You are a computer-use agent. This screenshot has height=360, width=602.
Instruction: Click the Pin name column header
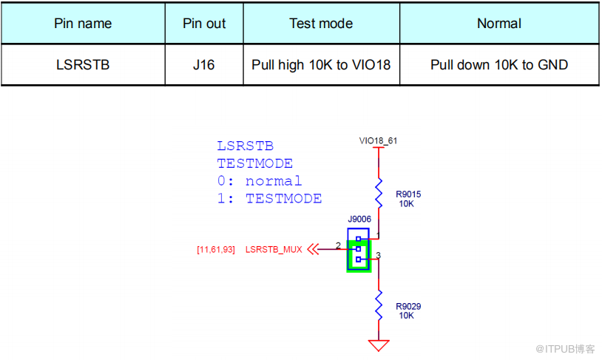[x=83, y=24]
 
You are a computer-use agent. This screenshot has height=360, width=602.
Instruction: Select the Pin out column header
[x=204, y=24]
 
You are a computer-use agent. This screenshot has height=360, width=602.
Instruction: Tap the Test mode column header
[x=321, y=24]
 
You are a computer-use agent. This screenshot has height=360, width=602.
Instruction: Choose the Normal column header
[x=499, y=24]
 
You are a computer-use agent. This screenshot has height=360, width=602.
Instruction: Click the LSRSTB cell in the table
[x=83, y=65]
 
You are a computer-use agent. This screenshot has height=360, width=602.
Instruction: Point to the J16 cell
[x=204, y=65]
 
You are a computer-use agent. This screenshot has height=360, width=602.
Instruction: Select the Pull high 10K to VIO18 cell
[x=321, y=65]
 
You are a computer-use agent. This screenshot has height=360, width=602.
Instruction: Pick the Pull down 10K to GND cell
[x=499, y=65]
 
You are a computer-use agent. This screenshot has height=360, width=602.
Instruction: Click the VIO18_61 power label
[x=378, y=140]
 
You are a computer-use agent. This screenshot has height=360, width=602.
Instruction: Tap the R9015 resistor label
[x=407, y=194]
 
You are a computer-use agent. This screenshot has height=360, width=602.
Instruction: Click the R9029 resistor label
[x=408, y=306]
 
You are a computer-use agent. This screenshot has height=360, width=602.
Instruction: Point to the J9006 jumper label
[x=359, y=220]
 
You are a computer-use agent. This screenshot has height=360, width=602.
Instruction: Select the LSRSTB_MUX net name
[x=274, y=250]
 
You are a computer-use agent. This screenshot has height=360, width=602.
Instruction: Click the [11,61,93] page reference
[x=216, y=250]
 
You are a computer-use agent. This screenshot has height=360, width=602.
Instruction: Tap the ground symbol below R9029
[x=379, y=344]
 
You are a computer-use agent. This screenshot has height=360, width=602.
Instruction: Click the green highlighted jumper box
[x=359, y=254]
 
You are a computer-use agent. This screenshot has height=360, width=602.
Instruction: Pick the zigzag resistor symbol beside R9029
[x=379, y=305]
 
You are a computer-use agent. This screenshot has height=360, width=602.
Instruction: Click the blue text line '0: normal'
[x=260, y=181]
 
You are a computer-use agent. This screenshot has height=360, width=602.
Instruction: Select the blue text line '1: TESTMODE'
[x=269, y=199]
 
